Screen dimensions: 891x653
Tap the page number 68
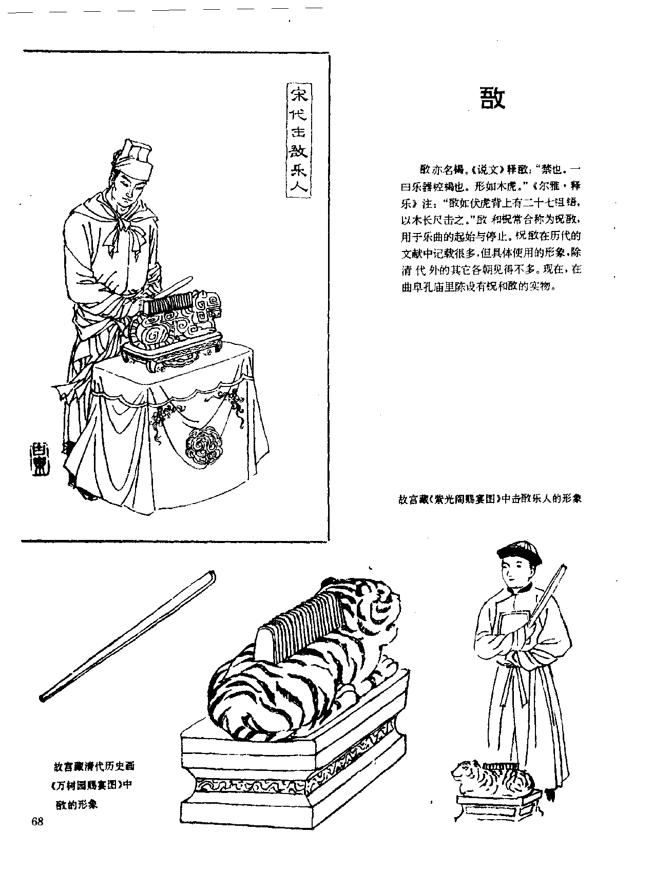click(37, 821)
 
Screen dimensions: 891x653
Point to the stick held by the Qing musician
click(549, 590)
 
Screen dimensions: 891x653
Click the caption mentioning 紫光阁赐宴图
click(490, 498)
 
